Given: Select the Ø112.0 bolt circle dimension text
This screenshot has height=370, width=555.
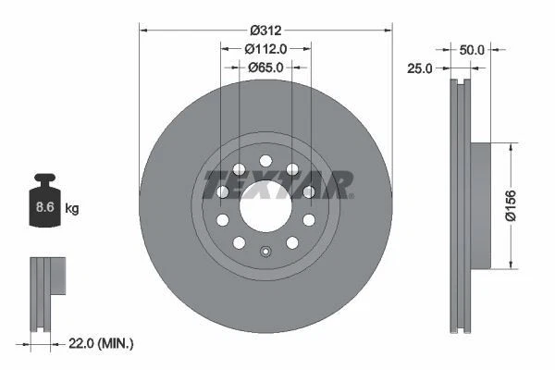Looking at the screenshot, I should coord(265,49).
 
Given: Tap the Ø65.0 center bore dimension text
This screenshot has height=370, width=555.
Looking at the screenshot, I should coord(265,67).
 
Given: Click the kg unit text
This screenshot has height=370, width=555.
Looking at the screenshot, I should coord(72,209).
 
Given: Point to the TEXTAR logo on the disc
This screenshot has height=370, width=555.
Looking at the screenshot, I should coord(277,184).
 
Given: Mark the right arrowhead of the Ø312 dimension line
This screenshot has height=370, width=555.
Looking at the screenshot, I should coord(389,29).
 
